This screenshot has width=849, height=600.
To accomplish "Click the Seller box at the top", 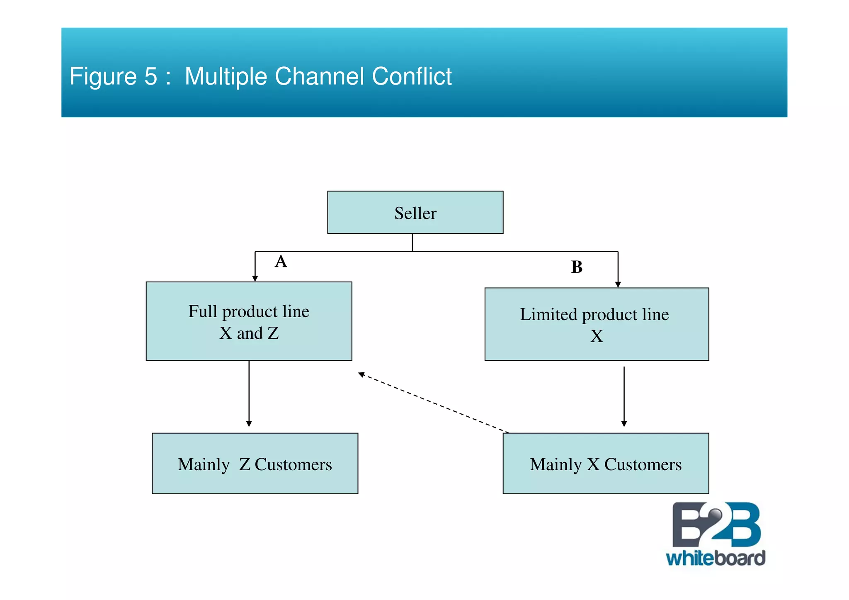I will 415,212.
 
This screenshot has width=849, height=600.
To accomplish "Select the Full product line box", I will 249,321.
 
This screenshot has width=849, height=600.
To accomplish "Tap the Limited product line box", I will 596,324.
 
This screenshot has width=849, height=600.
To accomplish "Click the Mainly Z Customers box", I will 255,463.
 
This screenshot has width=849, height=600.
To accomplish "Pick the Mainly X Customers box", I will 605,463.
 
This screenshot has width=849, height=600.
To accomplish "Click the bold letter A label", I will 281,262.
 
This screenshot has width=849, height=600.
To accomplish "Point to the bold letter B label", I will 576,267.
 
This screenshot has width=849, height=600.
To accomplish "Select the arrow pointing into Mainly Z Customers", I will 249,394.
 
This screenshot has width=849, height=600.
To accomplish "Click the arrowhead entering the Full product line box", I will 255,278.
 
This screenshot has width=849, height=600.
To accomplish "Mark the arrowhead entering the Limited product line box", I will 618,284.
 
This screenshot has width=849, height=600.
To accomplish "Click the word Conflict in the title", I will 411,76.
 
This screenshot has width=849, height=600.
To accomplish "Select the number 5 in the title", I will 151,76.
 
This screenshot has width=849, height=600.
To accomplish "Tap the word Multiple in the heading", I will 226,76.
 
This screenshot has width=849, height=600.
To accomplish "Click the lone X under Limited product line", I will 596,336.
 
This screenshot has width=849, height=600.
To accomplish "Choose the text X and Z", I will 249,333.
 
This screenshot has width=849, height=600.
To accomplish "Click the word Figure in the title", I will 103,76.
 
